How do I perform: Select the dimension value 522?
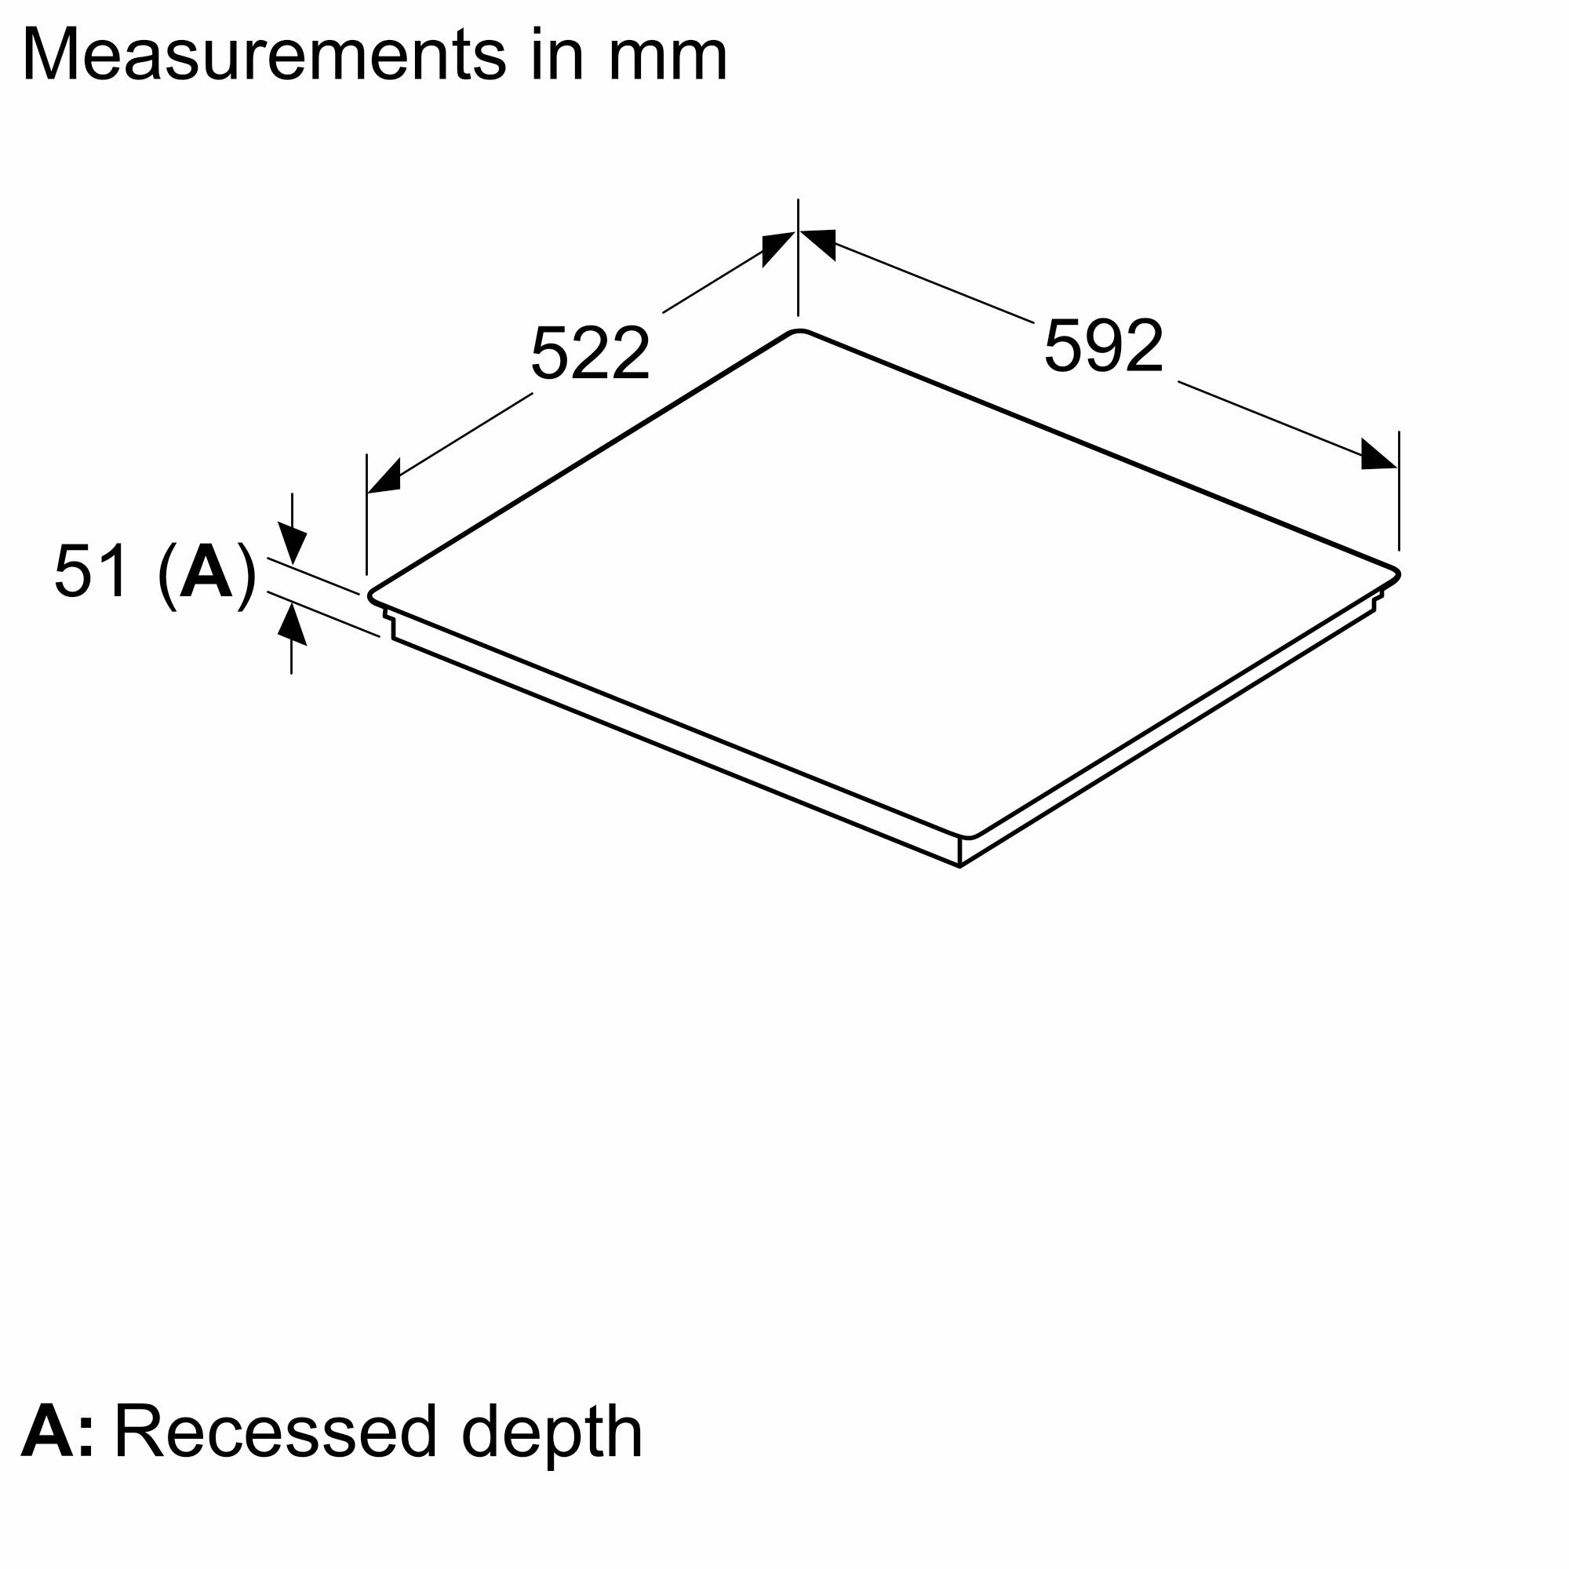591,353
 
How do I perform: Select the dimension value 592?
1103,347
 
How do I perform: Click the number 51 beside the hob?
92,572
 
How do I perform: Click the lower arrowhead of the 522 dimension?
384,478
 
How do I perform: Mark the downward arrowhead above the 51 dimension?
293,544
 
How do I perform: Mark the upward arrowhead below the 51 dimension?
293,626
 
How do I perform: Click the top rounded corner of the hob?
800,332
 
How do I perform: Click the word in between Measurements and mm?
558,55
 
